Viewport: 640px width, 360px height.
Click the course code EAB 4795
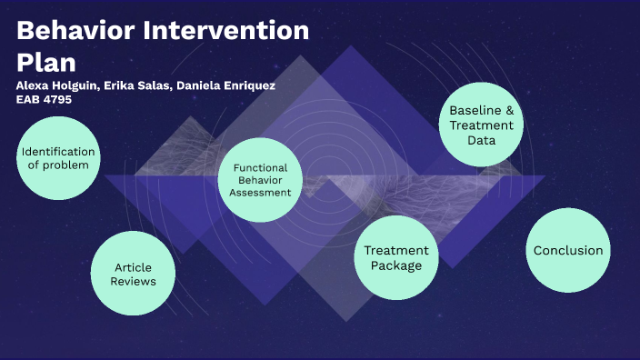(x=44, y=99)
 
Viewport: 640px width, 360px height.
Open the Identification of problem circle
(x=58, y=158)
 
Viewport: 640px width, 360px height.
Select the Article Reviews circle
(x=133, y=274)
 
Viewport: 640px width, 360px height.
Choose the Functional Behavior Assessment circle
(x=260, y=180)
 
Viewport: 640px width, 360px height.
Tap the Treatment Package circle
(x=395, y=257)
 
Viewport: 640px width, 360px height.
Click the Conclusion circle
(x=567, y=250)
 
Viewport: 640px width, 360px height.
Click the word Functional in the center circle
(x=260, y=168)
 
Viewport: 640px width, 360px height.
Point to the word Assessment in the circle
(x=260, y=193)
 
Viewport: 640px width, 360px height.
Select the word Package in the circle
(x=395, y=265)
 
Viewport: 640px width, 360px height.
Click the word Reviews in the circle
(x=133, y=282)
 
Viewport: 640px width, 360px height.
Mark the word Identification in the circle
(x=58, y=151)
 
